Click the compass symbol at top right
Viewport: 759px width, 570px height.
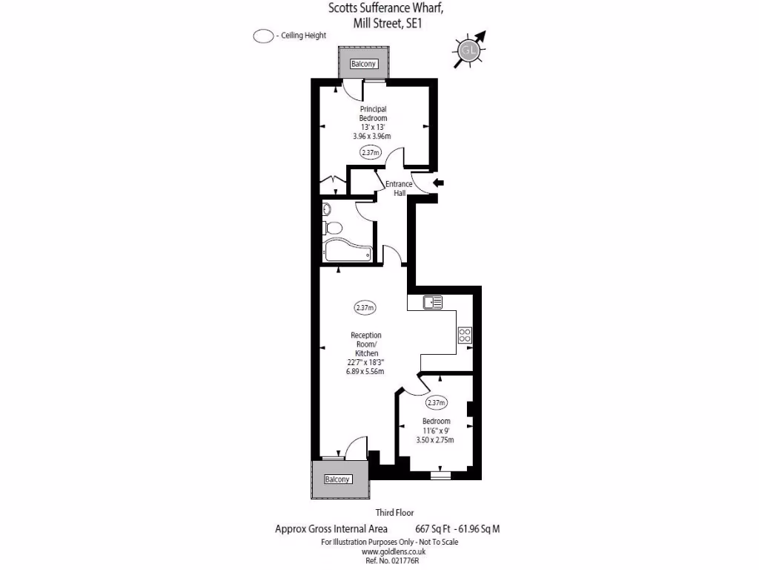point(468,50)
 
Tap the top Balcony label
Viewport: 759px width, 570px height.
point(364,64)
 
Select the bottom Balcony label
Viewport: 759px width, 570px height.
point(337,479)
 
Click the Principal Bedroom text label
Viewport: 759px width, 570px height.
point(373,114)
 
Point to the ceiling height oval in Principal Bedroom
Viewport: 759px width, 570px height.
point(370,153)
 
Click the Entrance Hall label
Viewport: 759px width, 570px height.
point(400,189)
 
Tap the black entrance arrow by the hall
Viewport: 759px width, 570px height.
point(438,183)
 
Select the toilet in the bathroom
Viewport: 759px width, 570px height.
point(333,228)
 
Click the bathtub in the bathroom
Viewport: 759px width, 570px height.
point(348,252)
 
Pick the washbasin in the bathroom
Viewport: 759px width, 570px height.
point(327,210)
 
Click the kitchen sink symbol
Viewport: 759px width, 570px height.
point(432,302)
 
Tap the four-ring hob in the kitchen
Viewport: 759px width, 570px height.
point(465,335)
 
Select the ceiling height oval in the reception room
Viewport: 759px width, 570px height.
point(365,307)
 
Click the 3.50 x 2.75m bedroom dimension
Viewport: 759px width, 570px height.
point(435,440)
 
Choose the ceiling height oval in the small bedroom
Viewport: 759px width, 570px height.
point(436,403)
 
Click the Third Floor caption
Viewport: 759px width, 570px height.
point(394,513)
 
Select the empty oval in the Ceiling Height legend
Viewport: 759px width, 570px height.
point(263,36)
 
